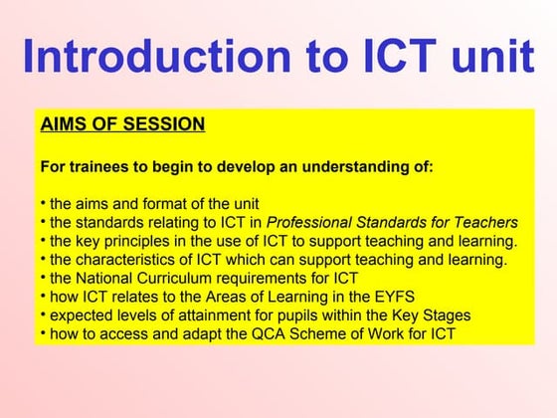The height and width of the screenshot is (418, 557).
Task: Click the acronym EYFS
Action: click(x=394, y=297)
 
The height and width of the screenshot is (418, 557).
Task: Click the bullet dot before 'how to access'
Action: click(x=44, y=333)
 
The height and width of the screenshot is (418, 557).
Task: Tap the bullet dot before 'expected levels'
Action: click(x=44, y=314)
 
